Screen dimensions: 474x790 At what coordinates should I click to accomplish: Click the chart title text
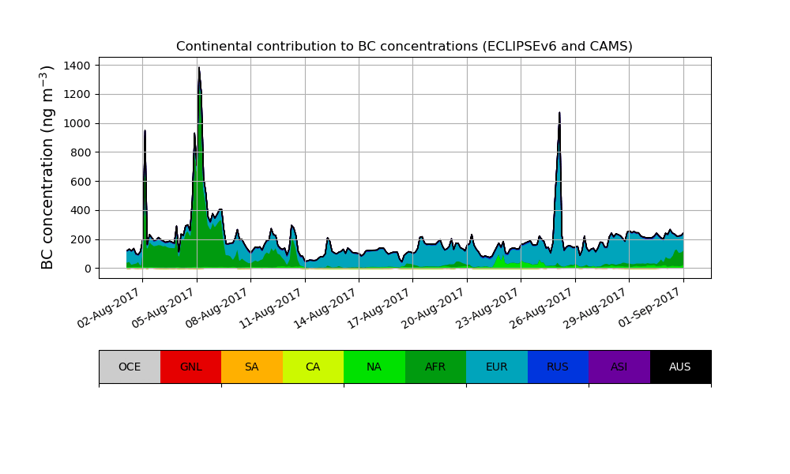point(404,47)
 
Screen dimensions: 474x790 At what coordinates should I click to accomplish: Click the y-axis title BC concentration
point(48,167)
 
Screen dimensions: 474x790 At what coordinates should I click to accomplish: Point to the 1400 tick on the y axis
point(79,65)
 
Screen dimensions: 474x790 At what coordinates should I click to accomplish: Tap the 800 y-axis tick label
point(82,152)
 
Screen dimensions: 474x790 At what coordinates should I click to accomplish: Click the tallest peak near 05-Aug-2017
point(199,68)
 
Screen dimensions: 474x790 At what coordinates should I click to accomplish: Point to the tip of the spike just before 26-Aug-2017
point(559,113)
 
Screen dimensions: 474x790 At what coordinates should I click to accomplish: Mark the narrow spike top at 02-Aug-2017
point(145,131)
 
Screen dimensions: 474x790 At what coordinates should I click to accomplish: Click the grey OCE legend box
point(130,367)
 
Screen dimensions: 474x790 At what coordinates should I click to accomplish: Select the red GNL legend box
point(190,367)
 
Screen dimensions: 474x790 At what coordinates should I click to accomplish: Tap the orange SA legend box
point(252,367)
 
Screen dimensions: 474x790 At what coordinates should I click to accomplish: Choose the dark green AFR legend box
point(435,367)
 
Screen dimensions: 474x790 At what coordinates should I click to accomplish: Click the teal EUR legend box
point(497,367)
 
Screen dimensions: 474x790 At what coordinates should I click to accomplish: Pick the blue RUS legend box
point(558,367)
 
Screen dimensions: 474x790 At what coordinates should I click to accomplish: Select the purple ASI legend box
point(619,367)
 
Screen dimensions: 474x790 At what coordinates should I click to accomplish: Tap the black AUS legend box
point(680,367)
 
